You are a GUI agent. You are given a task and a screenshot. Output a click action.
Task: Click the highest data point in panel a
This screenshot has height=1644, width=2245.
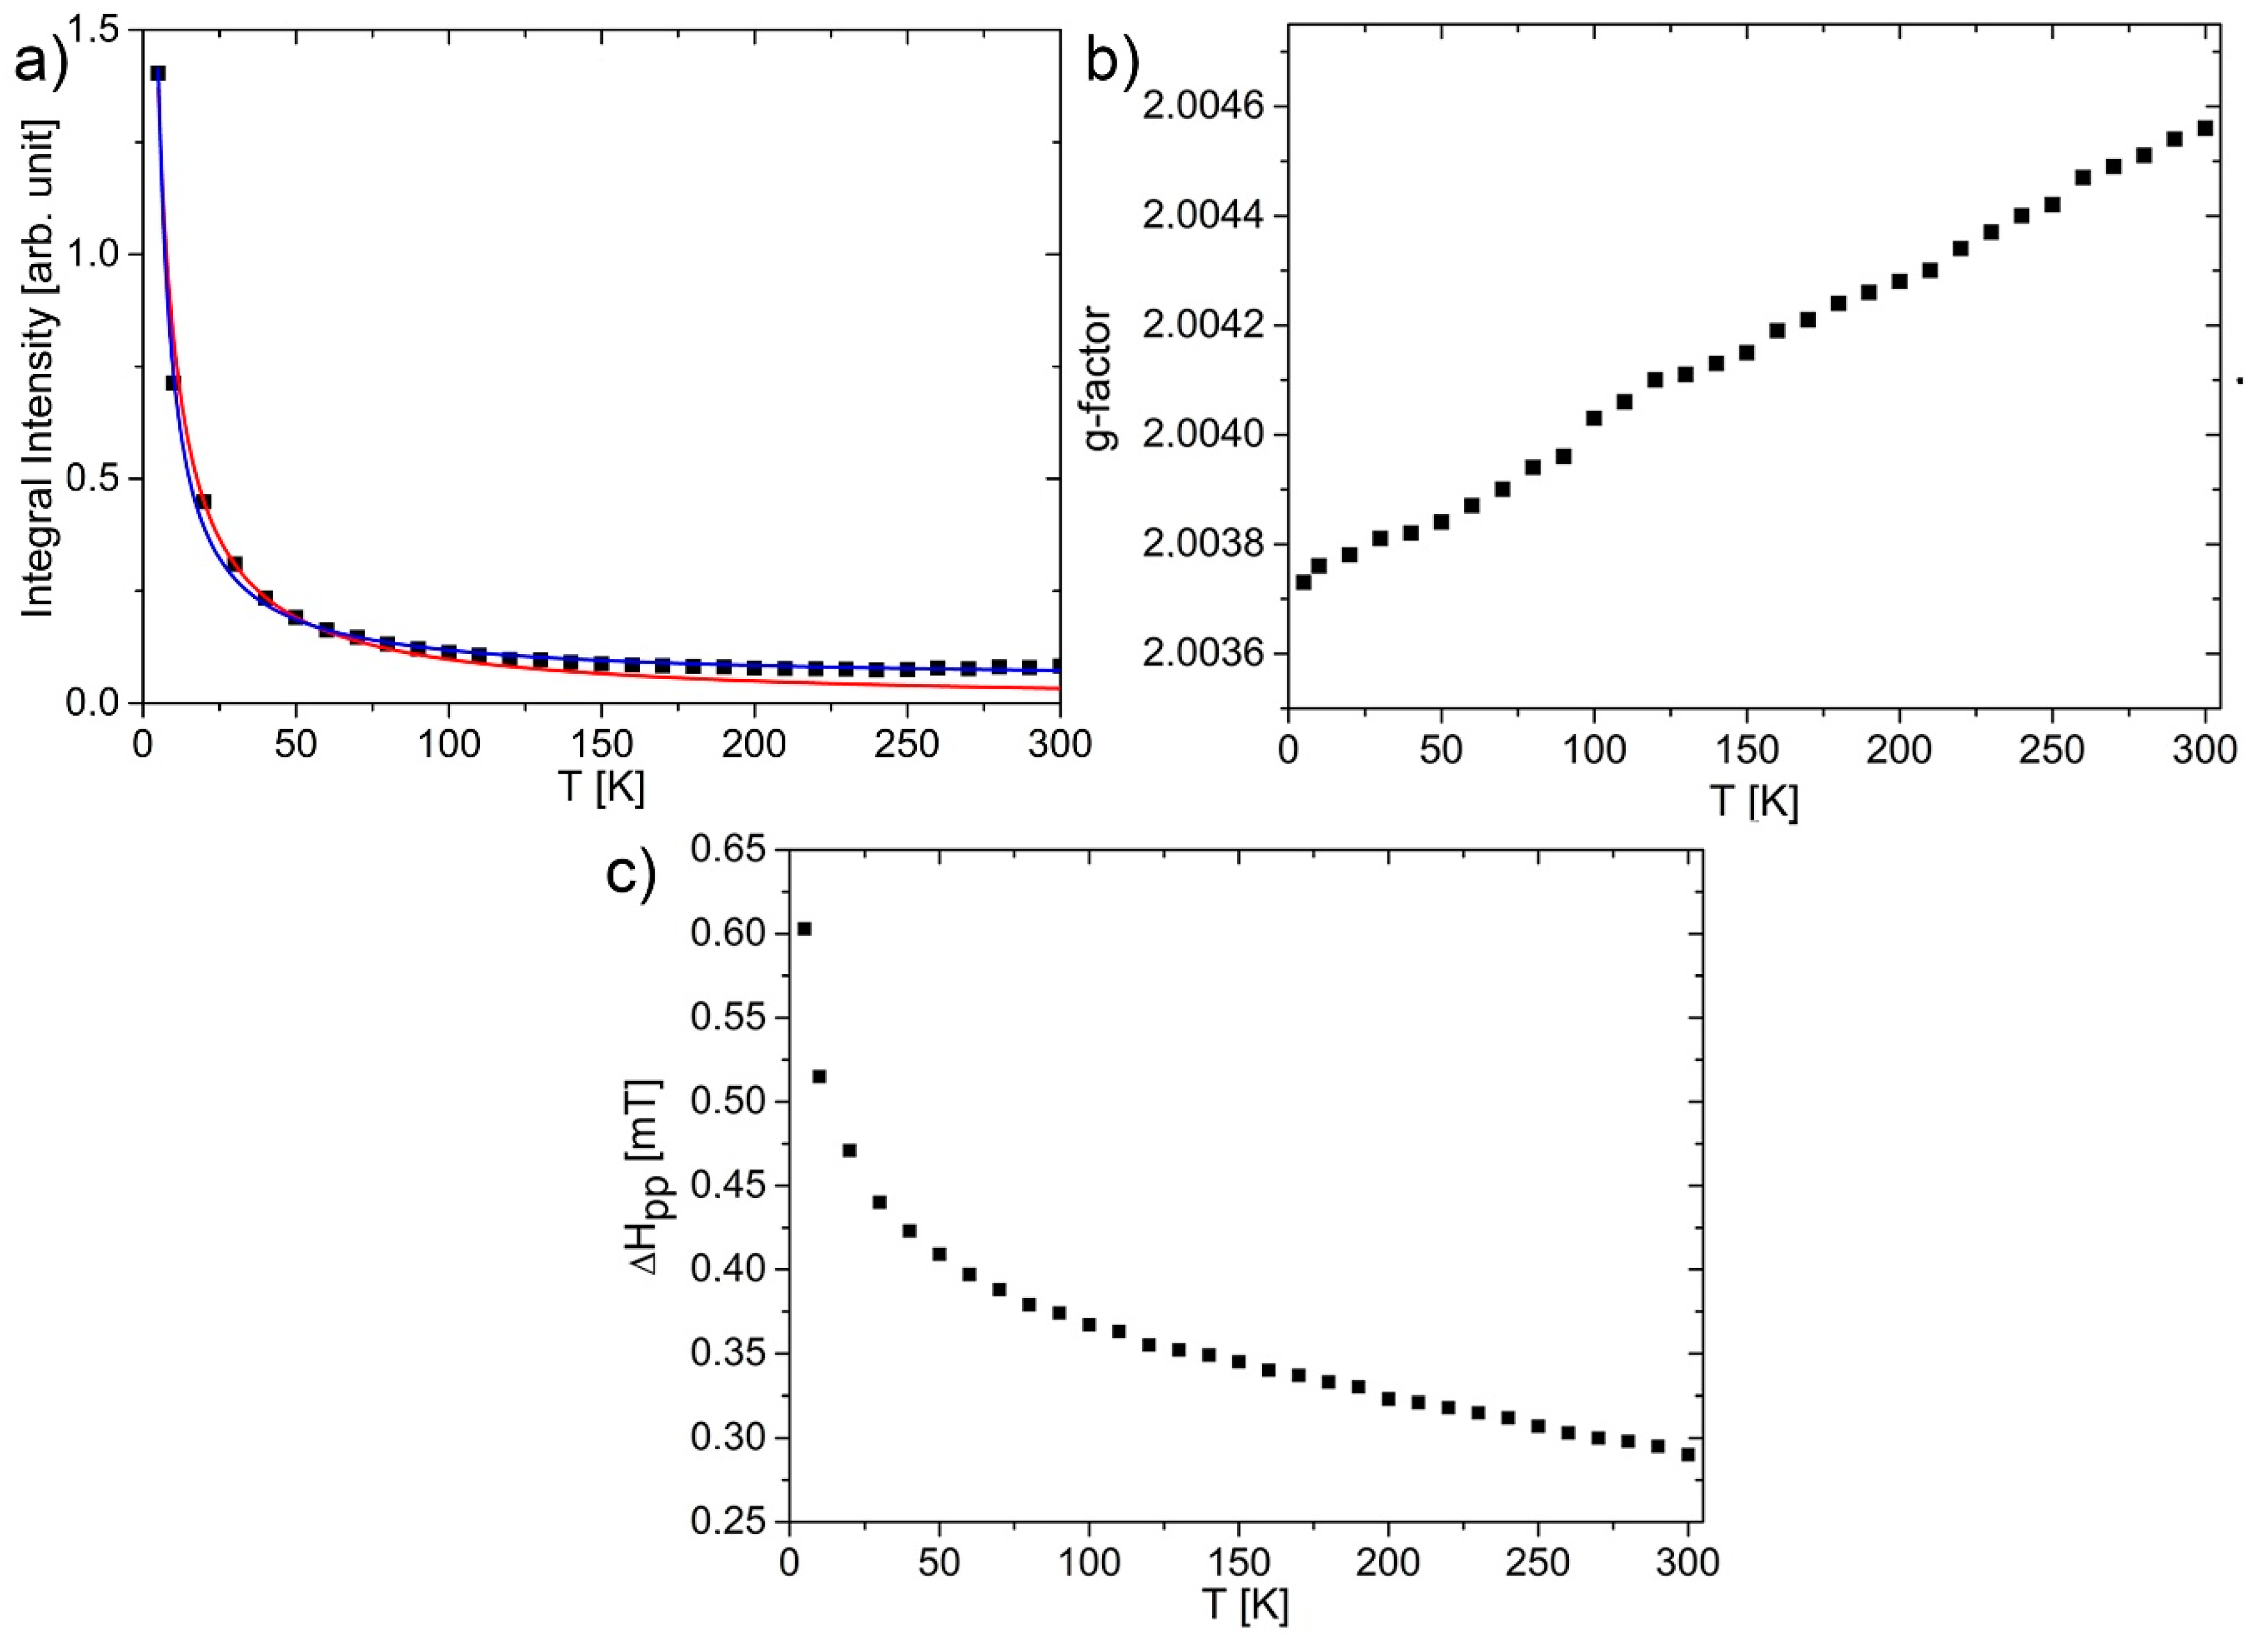[x=157, y=73]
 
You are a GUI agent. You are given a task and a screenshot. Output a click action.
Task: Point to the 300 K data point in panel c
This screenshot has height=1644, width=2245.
[x=1688, y=1454]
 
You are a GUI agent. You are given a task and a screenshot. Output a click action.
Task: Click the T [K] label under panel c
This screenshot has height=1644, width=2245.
[x=1244, y=1605]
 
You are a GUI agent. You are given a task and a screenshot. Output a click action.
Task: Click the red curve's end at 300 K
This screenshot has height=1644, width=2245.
[x=1057, y=688]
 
